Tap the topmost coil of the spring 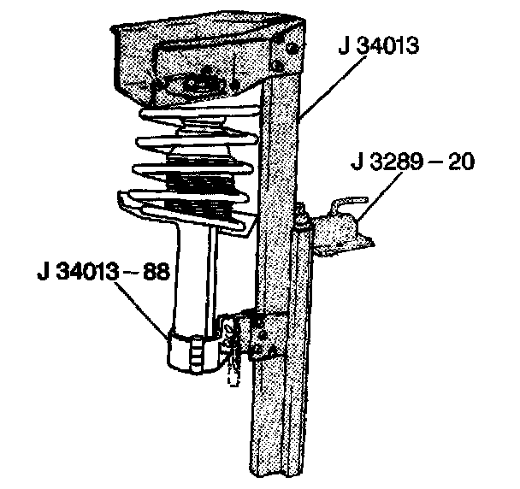click(197, 115)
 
